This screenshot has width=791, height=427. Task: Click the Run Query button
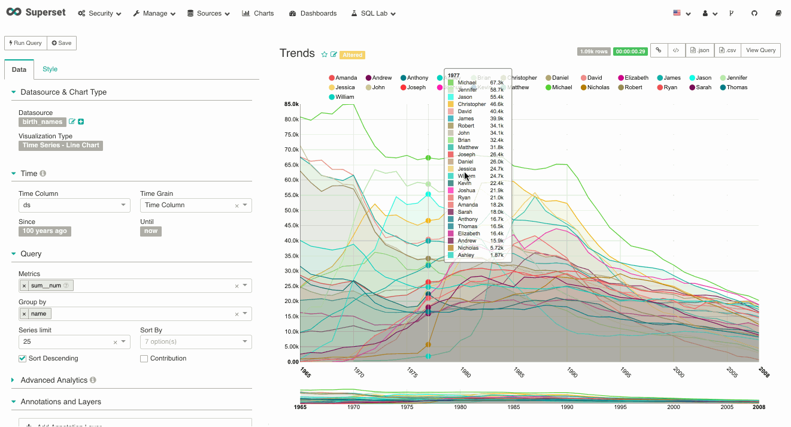(x=26, y=43)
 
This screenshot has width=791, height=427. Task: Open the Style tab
(x=50, y=69)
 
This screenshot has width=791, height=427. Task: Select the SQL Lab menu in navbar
(x=374, y=13)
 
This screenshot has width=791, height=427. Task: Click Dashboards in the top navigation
(x=313, y=13)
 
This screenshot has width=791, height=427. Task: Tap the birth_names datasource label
(x=42, y=122)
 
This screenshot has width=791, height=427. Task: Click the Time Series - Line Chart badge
(x=60, y=145)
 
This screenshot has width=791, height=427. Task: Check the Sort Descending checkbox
(x=23, y=358)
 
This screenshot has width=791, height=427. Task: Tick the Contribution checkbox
(x=144, y=358)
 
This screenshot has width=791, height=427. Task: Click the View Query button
(x=760, y=50)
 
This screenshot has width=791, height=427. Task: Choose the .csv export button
(x=728, y=50)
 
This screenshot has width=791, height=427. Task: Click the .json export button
(x=699, y=50)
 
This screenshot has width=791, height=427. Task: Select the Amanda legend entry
(x=343, y=78)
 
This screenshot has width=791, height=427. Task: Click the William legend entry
(x=341, y=97)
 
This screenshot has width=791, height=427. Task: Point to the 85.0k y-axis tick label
(x=291, y=104)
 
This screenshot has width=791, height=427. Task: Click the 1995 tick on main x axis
(x=625, y=373)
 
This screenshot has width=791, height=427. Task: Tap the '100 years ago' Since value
(x=45, y=231)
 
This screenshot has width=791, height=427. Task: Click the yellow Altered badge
(x=352, y=55)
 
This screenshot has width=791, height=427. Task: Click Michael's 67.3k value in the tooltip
(x=496, y=83)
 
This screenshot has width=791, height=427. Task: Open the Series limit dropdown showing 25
(x=74, y=341)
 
